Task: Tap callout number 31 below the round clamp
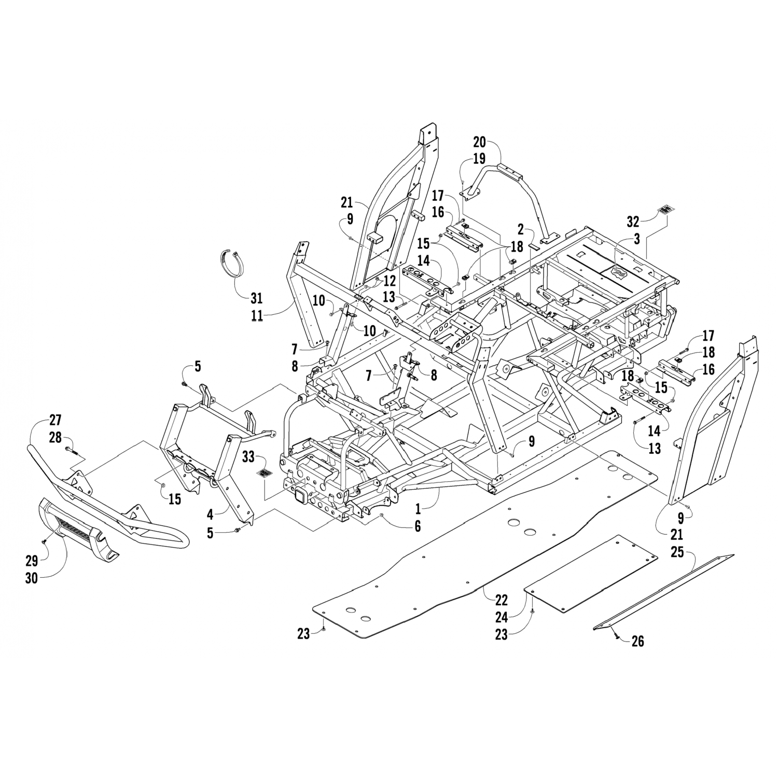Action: [257, 298]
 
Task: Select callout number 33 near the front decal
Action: [248, 457]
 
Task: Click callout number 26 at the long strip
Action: [637, 641]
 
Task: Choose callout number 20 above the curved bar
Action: [479, 142]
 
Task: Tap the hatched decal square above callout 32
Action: [666, 210]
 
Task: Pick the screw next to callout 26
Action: [615, 632]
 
